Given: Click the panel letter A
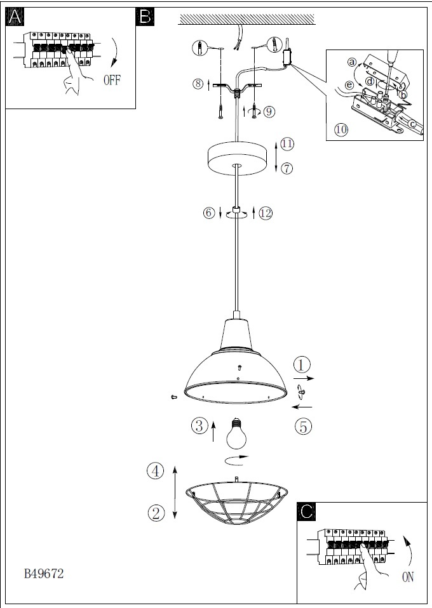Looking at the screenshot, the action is pos(15,17).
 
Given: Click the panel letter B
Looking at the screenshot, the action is pos(145,17).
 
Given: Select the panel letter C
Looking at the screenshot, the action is pos(306,512).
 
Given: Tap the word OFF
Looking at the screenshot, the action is pos(112,80).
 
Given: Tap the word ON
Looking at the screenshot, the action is pos(408,577).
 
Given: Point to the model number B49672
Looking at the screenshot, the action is pos(44,574).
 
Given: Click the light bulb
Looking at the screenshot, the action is pos(236,433).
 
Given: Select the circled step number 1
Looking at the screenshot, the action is pos(302,365).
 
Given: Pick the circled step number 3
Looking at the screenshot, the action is pos(199,425).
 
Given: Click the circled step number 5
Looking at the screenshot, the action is pos(303,426).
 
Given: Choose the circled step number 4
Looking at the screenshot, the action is pos(155,471).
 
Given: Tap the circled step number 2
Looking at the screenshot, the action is pos(156,513).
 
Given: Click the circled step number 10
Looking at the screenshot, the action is pos(341,129).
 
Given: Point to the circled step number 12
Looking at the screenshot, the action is pos(266,213).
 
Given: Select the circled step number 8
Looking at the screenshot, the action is pos(198,83).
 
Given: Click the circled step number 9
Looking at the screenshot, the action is pos(269,112).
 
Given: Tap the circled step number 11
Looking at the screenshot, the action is pos(287,144).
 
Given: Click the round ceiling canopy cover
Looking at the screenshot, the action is pos(237,158).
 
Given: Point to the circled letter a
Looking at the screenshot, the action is pos(352,62).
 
